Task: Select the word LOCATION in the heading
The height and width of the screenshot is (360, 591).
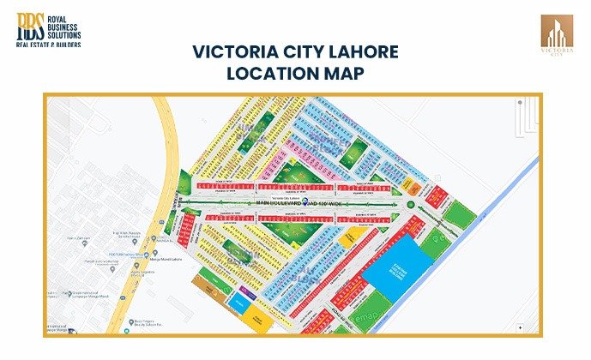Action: [272, 74]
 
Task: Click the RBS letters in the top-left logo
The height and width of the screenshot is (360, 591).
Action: [28, 25]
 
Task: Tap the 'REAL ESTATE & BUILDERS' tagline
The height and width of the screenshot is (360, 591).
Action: [49, 44]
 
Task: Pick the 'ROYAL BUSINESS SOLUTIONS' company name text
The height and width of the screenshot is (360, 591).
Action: [63, 25]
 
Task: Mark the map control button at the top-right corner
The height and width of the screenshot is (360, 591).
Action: [520, 103]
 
